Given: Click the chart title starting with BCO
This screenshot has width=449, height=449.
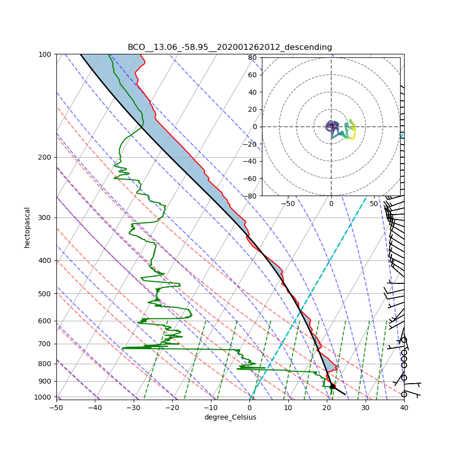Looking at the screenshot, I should coord(229,47).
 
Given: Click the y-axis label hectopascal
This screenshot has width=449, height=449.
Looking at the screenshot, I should coord(27,227).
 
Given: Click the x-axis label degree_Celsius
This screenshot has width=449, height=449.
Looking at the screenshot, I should coord(230,417).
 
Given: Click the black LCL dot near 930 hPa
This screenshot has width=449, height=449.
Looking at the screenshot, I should coord(333,386).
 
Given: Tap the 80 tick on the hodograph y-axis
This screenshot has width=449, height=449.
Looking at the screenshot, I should coord(252,57).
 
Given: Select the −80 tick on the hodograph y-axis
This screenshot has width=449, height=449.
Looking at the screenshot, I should coord(250,196).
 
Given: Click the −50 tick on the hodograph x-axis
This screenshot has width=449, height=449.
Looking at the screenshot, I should coord(288,204).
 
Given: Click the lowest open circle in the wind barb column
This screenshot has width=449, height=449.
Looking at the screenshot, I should coord(404,394).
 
